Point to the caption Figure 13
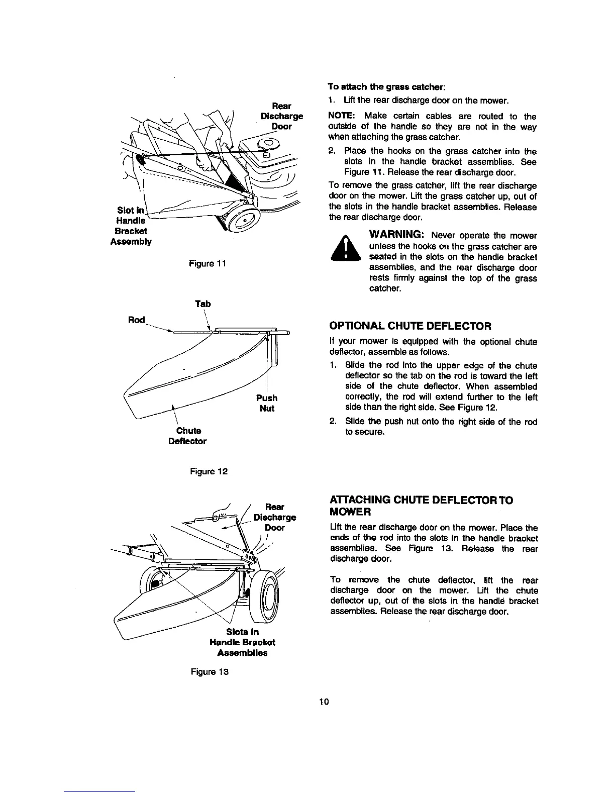[x=209, y=672]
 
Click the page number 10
[x=324, y=702]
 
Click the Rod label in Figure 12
[x=137, y=320]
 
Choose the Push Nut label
[x=267, y=403]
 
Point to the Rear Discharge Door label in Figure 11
[x=281, y=116]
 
